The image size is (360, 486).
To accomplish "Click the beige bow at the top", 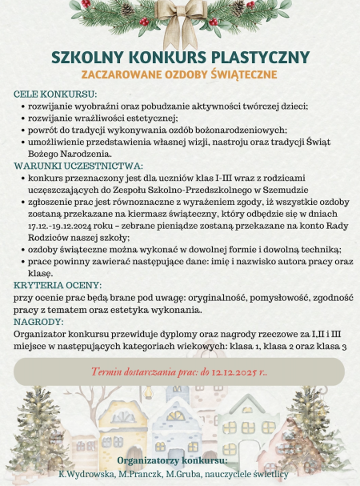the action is (181, 21).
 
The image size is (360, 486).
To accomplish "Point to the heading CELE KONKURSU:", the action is (50, 94).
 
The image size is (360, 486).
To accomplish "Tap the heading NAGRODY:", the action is (38, 322).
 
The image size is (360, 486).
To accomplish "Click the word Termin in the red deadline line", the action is (108, 372).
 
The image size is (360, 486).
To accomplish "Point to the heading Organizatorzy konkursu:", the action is (172, 461).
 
